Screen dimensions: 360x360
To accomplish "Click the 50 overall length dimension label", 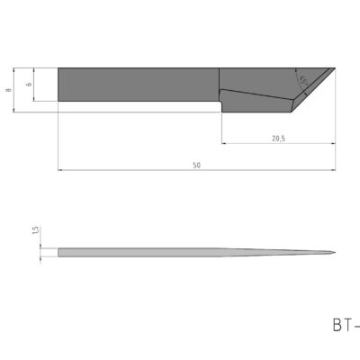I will [x=196, y=164].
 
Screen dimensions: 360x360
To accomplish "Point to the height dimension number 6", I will [x=29, y=85].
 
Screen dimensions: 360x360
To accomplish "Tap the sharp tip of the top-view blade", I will [x=335, y=68].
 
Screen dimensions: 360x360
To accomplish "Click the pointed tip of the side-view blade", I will [x=335, y=252].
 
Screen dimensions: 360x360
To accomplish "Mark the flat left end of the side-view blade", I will [x=58, y=252].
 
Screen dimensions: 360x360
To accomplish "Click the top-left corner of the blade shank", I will [x=58, y=68].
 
